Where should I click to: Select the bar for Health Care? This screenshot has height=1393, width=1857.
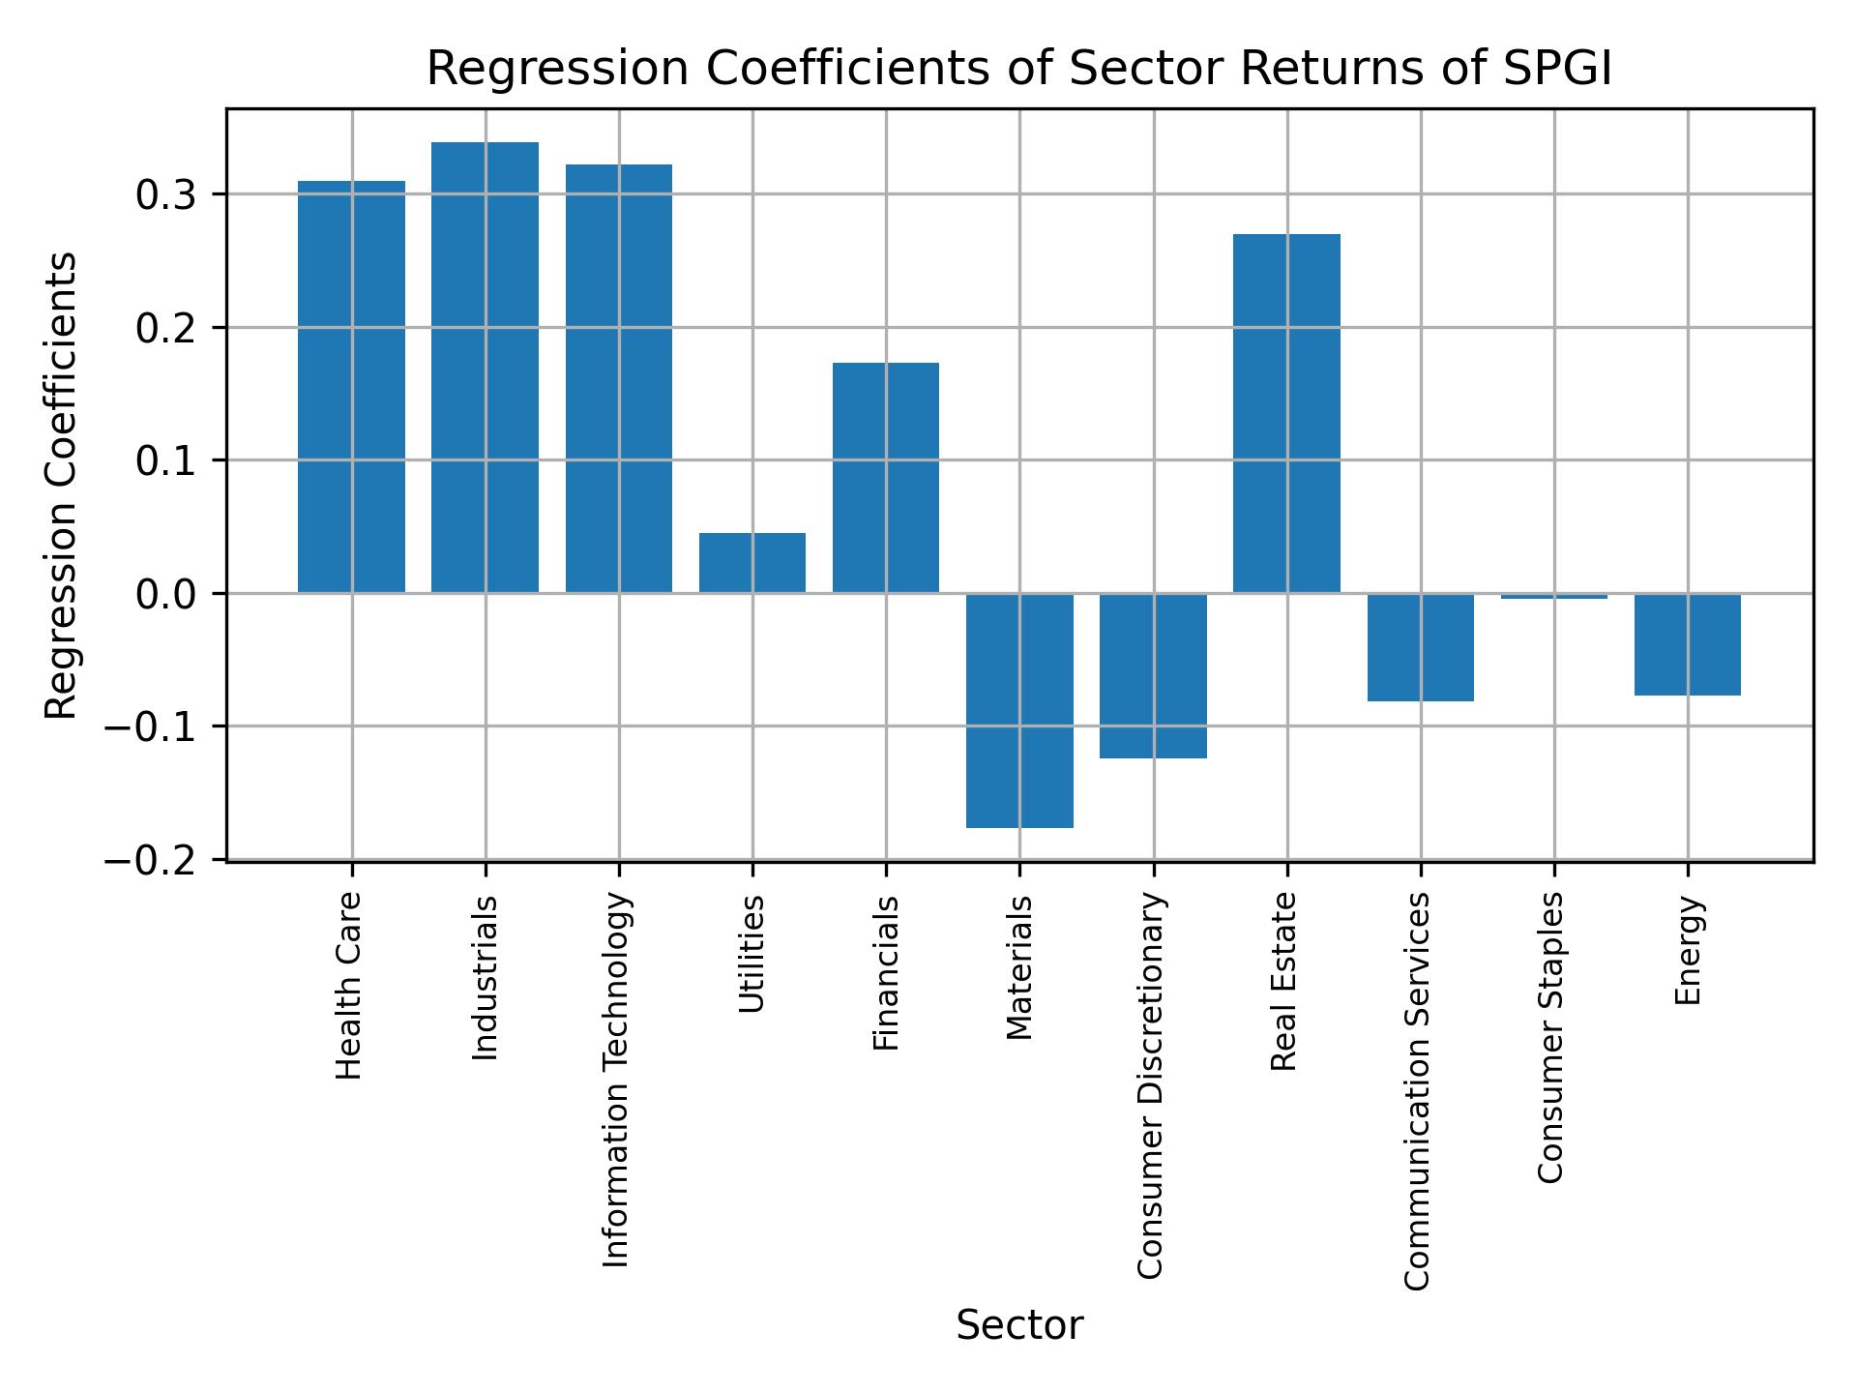click(351, 387)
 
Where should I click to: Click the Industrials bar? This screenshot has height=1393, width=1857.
click(485, 368)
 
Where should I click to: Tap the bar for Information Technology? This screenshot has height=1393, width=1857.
click(619, 378)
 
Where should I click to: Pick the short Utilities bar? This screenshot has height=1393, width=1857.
click(752, 563)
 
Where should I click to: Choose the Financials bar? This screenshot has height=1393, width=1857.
click(886, 478)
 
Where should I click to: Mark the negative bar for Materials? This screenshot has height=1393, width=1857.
click(1019, 710)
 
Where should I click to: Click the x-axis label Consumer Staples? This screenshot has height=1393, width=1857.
click(1550, 1037)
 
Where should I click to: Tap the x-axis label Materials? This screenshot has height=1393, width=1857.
click(1019, 967)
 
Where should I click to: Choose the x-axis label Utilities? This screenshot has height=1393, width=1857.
click(752, 954)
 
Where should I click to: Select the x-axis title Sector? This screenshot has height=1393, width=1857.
click(1019, 1326)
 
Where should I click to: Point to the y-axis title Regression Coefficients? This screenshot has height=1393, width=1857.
click(62, 486)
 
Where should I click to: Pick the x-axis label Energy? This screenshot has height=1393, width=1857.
click(1688, 951)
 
